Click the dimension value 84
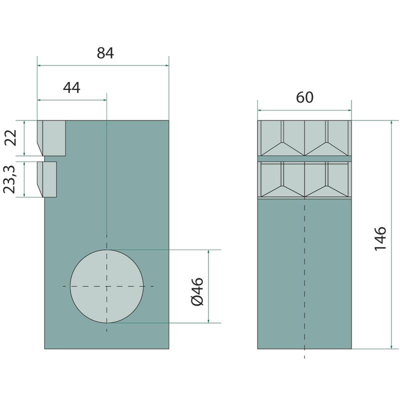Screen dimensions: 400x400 [x=105, y=53]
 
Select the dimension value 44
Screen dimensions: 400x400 [x=71, y=88]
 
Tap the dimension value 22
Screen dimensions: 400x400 [x=11, y=138]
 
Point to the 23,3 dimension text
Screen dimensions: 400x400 [x=9, y=179]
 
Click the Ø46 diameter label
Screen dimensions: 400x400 [x=197, y=292]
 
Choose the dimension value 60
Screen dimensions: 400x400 [x=304, y=97]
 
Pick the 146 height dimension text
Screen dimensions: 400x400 [x=380, y=238]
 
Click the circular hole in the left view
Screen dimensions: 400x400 [x=106, y=286]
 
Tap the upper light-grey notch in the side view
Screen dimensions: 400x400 [x=52, y=138]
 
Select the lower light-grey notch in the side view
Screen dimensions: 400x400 [x=47, y=179]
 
